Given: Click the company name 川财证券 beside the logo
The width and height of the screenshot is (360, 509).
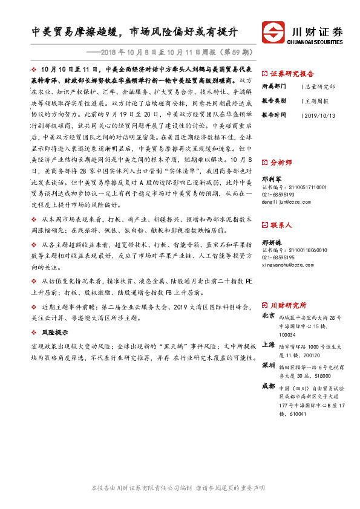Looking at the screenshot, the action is [317, 31].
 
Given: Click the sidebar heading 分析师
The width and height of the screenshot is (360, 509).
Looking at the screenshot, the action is [282, 162].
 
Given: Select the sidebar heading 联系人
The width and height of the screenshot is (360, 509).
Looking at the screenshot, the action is [282, 225].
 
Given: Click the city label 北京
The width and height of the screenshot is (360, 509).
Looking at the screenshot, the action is [268, 316].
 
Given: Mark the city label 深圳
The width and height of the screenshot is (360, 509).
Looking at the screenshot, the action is [268, 366].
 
